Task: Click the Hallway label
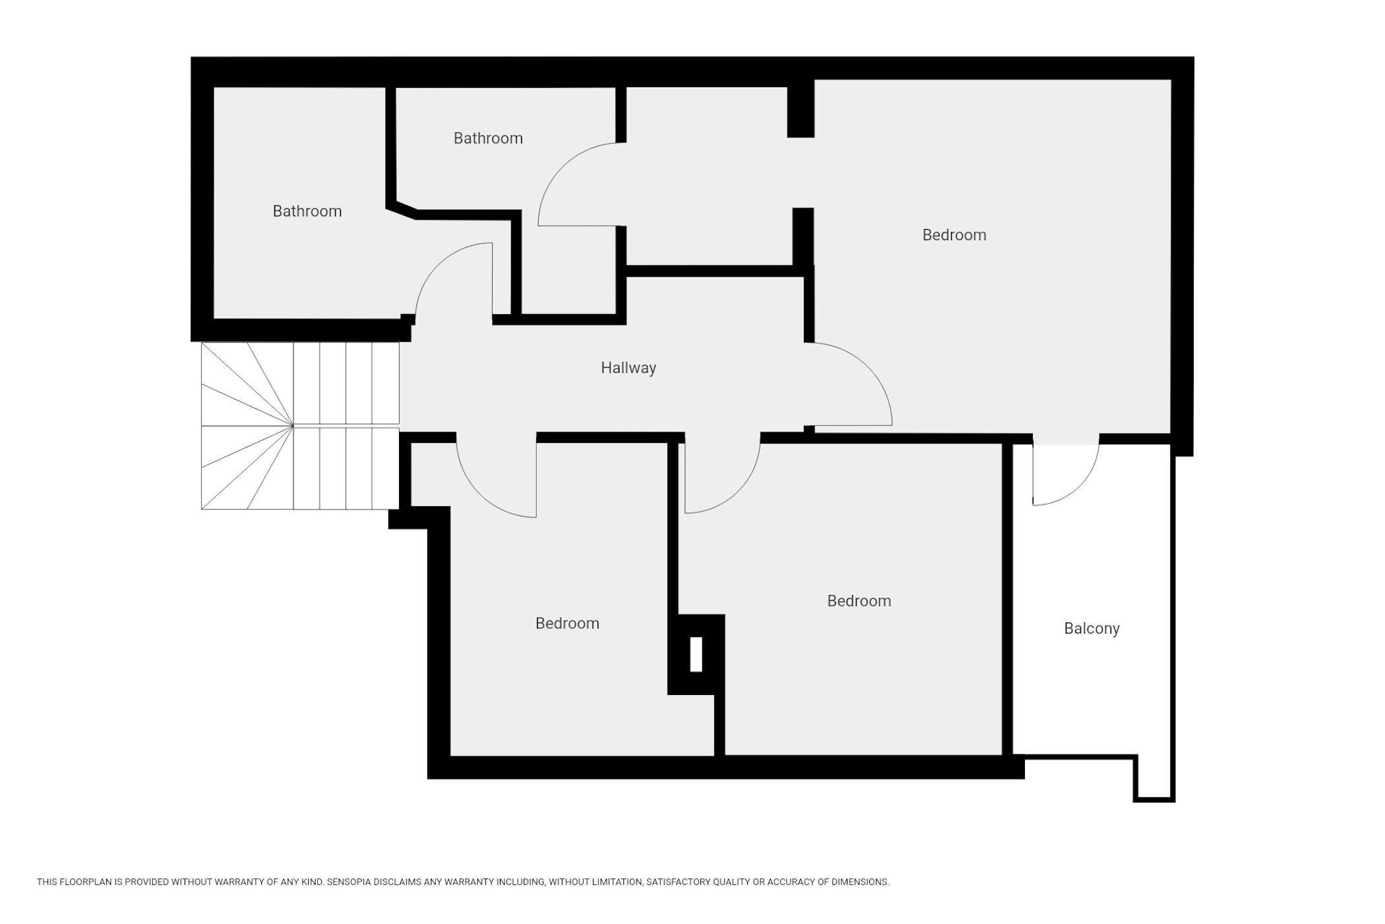click(628, 368)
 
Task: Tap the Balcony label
click(1092, 629)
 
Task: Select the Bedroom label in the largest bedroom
click(954, 235)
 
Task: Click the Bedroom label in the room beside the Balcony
click(859, 601)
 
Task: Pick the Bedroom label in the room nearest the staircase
click(567, 623)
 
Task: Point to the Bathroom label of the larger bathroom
click(307, 211)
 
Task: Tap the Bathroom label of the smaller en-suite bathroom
click(488, 138)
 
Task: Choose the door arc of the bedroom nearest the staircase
click(479, 494)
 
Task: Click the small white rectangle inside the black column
click(696, 655)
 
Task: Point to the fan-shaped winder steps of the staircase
click(247, 426)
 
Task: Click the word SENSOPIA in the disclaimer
click(352, 882)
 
